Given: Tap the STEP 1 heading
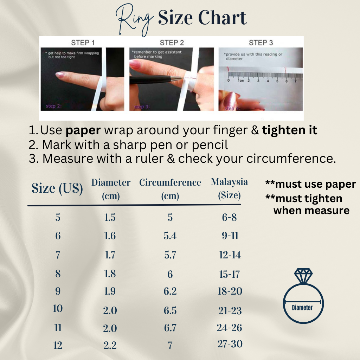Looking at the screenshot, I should pos(83,43).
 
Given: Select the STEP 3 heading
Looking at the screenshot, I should pos(261,43).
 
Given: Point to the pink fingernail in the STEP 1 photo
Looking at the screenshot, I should pos(60,75).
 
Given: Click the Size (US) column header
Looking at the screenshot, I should pos(57,188).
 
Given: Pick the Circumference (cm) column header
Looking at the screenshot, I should pos(170,189).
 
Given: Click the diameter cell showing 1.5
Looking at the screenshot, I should pos(110,218).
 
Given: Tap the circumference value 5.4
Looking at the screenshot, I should pos(170,236).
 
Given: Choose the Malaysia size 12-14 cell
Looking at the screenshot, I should pos(230,255).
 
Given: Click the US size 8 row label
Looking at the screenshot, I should pos(58,274).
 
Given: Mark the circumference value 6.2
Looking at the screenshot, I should pos(170,291).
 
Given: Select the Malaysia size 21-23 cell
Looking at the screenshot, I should pos(230,310).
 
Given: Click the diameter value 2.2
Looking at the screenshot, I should pos(110,346).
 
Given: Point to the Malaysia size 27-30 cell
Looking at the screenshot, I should pos(230,344).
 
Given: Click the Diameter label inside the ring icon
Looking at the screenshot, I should pos(302,308).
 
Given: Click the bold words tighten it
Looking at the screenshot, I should pos(290,130).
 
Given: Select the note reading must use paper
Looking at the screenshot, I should pos(310,184).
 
